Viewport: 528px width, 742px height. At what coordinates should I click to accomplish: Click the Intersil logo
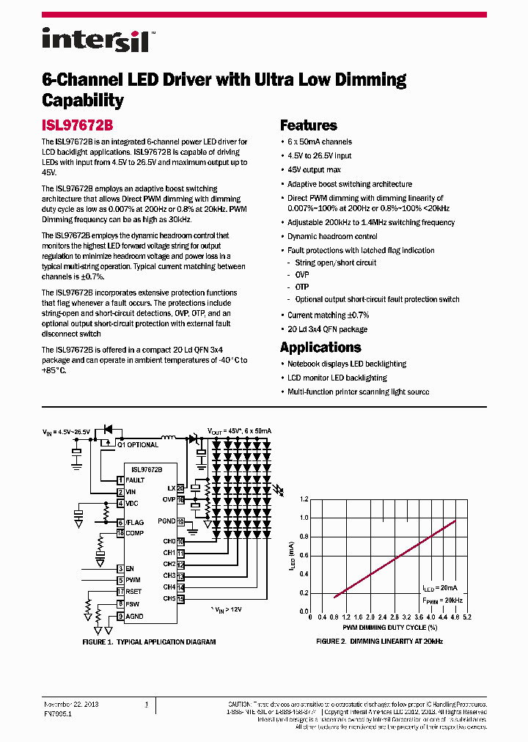tap(95, 40)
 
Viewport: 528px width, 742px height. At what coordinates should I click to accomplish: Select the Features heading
tap(308, 125)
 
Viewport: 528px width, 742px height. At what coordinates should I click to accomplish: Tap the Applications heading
tap(320, 348)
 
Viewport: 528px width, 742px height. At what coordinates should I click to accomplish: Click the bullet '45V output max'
tap(314, 170)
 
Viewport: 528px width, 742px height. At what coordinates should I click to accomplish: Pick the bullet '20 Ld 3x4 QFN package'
tap(327, 329)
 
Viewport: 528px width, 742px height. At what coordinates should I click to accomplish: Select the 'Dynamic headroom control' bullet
tap(332, 236)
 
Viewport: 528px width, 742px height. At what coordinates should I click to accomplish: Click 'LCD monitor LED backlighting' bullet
tap(337, 378)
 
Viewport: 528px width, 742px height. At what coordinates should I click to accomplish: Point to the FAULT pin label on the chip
tap(135, 480)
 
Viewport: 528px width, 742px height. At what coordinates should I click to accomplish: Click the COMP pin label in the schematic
tap(134, 533)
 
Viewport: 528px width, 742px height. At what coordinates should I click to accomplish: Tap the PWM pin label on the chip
tap(133, 580)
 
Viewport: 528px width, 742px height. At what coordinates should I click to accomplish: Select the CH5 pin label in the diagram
tap(169, 598)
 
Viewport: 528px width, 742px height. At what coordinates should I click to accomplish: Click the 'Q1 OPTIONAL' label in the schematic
tap(138, 445)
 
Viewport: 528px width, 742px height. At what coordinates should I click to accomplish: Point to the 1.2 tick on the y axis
tap(304, 499)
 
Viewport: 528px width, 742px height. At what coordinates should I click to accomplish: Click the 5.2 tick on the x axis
tap(467, 617)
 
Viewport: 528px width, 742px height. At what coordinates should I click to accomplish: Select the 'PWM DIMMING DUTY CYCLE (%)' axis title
tap(389, 628)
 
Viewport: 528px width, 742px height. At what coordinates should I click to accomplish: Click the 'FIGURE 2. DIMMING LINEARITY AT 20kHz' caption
tap(379, 642)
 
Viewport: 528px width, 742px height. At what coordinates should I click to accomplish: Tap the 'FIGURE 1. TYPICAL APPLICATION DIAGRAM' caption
tap(149, 642)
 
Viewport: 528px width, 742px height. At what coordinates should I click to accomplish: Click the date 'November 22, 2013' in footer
tap(71, 704)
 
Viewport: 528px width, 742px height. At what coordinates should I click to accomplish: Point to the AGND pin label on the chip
tap(134, 617)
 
